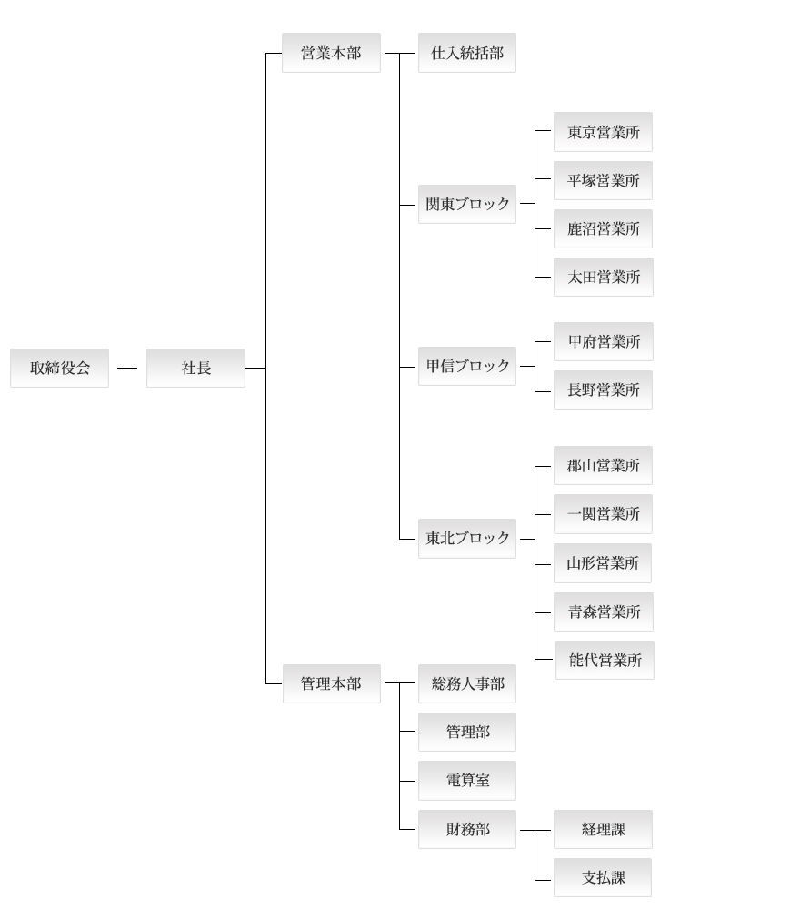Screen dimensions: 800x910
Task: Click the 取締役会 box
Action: coord(60,368)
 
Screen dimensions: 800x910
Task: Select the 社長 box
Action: coord(196,368)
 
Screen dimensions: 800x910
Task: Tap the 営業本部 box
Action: coord(331,53)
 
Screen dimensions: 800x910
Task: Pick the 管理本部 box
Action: coord(332,683)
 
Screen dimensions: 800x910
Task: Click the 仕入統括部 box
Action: coord(467,53)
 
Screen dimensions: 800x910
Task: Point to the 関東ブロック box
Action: coord(467,204)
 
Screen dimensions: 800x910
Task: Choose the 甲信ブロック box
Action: coord(467,366)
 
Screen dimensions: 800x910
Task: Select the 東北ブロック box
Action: coord(467,539)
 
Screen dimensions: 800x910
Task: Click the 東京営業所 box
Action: coord(603,132)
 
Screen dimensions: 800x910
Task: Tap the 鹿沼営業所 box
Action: coord(603,228)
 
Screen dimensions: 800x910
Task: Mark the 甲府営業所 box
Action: coord(604,342)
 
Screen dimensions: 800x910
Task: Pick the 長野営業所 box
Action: coord(603,390)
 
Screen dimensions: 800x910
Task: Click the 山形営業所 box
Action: coord(603,563)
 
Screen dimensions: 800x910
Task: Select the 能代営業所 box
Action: coord(605,660)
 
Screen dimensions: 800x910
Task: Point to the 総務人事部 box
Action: coord(467,683)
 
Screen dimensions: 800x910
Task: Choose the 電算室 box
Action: coord(467,781)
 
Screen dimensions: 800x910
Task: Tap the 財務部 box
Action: coord(467,829)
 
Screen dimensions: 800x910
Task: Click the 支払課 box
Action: coord(603,877)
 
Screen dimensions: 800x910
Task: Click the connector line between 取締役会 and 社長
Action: coord(127,368)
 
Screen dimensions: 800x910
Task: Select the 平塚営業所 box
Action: coord(603,180)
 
